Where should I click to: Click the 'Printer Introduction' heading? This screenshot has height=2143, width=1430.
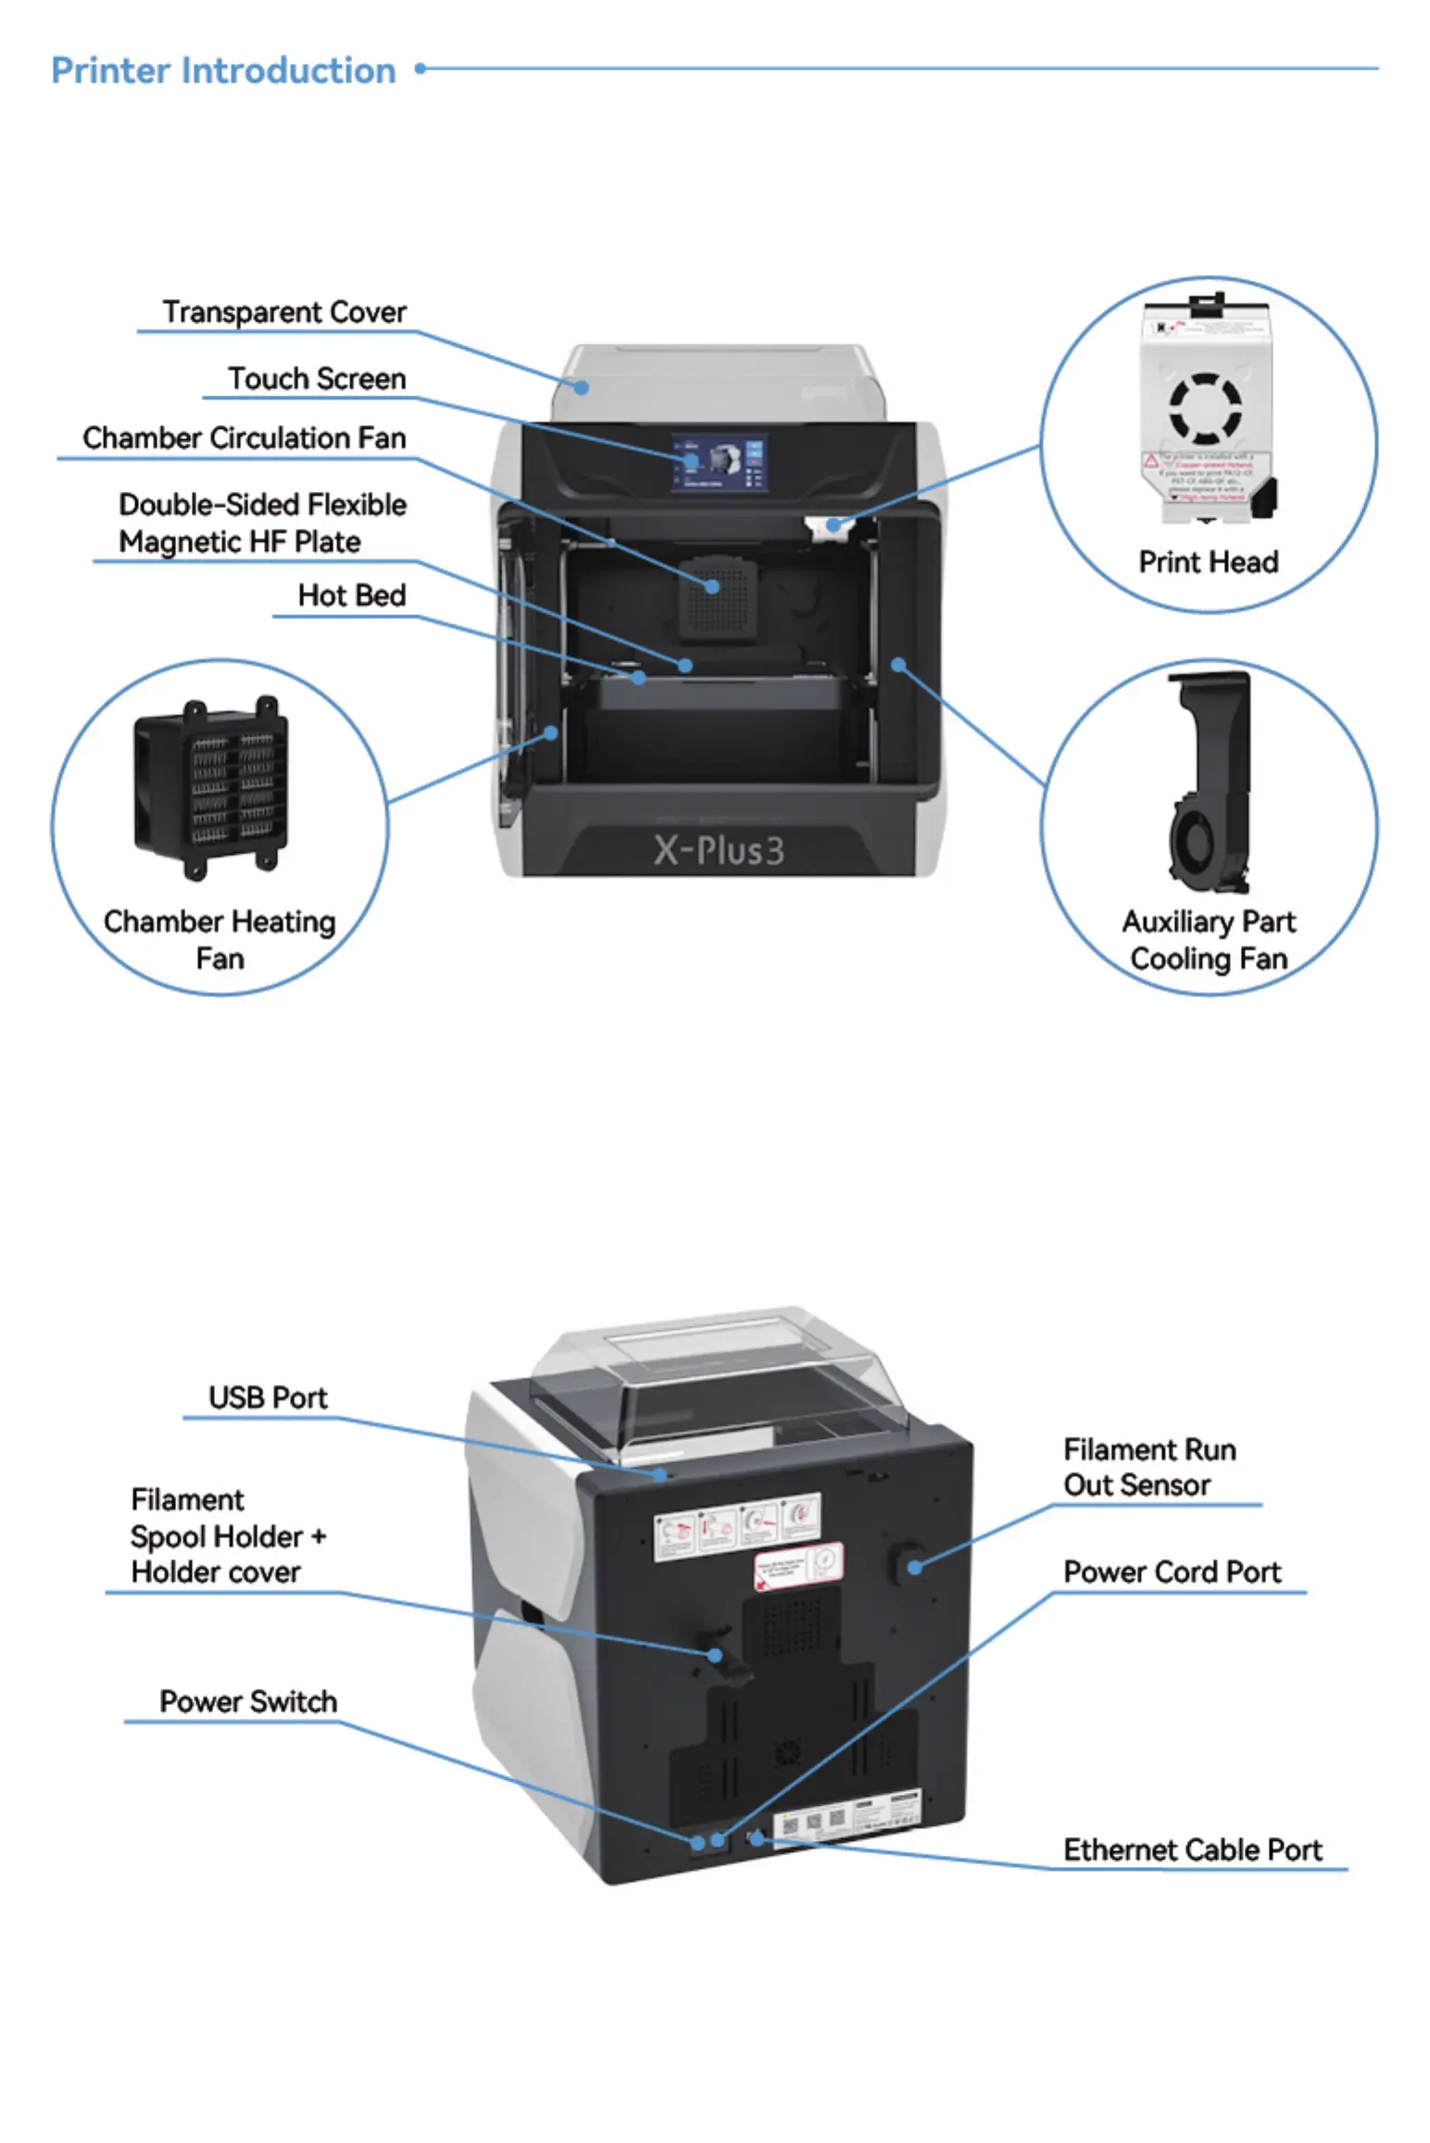[223, 70]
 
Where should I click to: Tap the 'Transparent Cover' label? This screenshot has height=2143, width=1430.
[284, 312]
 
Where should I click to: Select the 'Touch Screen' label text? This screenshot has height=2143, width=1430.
[317, 379]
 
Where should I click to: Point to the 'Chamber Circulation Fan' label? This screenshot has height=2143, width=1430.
[245, 438]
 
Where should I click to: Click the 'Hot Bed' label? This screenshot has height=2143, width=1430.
[352, 595]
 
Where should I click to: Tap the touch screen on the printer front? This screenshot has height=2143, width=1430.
[719, 463]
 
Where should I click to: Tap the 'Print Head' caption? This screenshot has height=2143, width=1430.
[1208, 562]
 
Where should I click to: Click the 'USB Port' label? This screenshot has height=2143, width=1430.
[268, 1397]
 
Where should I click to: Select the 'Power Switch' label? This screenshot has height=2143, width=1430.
[248, 1701]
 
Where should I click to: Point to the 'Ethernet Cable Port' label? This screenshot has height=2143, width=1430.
[1192, 1849]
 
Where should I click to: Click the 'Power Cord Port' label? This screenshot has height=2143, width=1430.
[1172, 1572]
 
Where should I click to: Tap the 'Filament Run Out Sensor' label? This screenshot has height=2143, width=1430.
[1148, 1467]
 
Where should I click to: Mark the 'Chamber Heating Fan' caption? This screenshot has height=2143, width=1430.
[220, 939]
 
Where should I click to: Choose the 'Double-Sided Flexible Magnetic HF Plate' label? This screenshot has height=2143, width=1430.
[262, 523]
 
